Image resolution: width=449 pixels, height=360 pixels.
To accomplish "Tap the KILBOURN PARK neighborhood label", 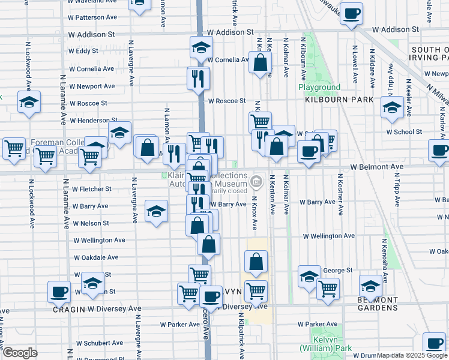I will click(x=339, y=100).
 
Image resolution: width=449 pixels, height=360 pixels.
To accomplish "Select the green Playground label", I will click(x=320, y=88).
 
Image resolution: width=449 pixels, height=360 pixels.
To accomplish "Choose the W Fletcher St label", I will click(x=91, y=188).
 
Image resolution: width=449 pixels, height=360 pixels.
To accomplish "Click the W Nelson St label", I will click(x=91, y=223).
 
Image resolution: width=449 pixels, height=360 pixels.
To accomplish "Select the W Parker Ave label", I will click(x=179, y=325).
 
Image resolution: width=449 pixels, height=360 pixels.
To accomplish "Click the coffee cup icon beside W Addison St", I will click(x=351, y=14).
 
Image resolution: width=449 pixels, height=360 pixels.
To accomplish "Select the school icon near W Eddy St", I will click(x=201, y=48).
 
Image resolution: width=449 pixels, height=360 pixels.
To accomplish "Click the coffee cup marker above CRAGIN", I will click(x=59, y=292).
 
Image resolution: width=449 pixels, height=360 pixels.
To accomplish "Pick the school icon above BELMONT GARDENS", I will click(x=370, y=285).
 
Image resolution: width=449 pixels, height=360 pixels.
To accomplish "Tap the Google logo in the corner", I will click(x=20, y=353).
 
